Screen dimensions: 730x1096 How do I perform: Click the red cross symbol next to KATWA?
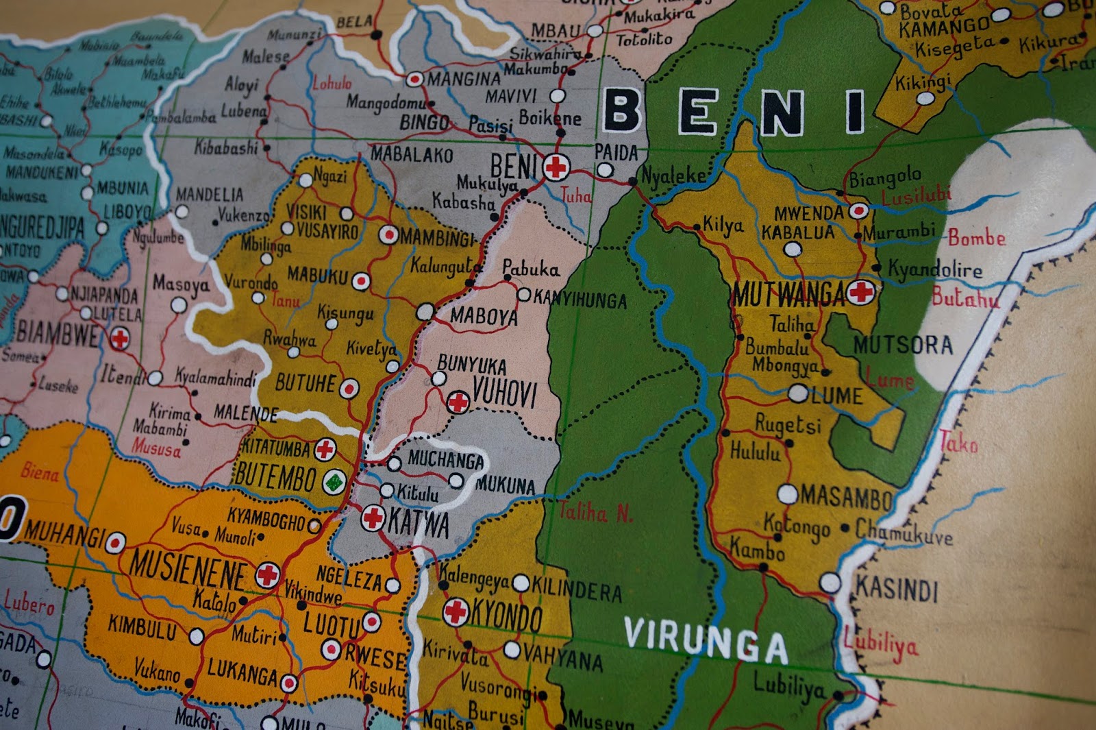(373, 518)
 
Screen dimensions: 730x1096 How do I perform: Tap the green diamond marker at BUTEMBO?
(334, 482)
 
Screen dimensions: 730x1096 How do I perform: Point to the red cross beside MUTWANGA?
(860, 293)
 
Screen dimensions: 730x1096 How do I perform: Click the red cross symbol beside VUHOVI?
(458, 402)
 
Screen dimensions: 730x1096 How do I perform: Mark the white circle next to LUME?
(798, 393)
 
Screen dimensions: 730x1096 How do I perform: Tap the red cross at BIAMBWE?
(120, 338)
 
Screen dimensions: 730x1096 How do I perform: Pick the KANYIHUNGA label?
(580, 299)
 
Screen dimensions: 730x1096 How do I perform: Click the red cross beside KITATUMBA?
(325, 450)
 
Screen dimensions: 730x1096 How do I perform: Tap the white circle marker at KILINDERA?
(521, 584)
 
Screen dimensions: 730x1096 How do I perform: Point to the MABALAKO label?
(412, 155)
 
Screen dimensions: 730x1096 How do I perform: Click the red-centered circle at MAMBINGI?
(388, 235)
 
